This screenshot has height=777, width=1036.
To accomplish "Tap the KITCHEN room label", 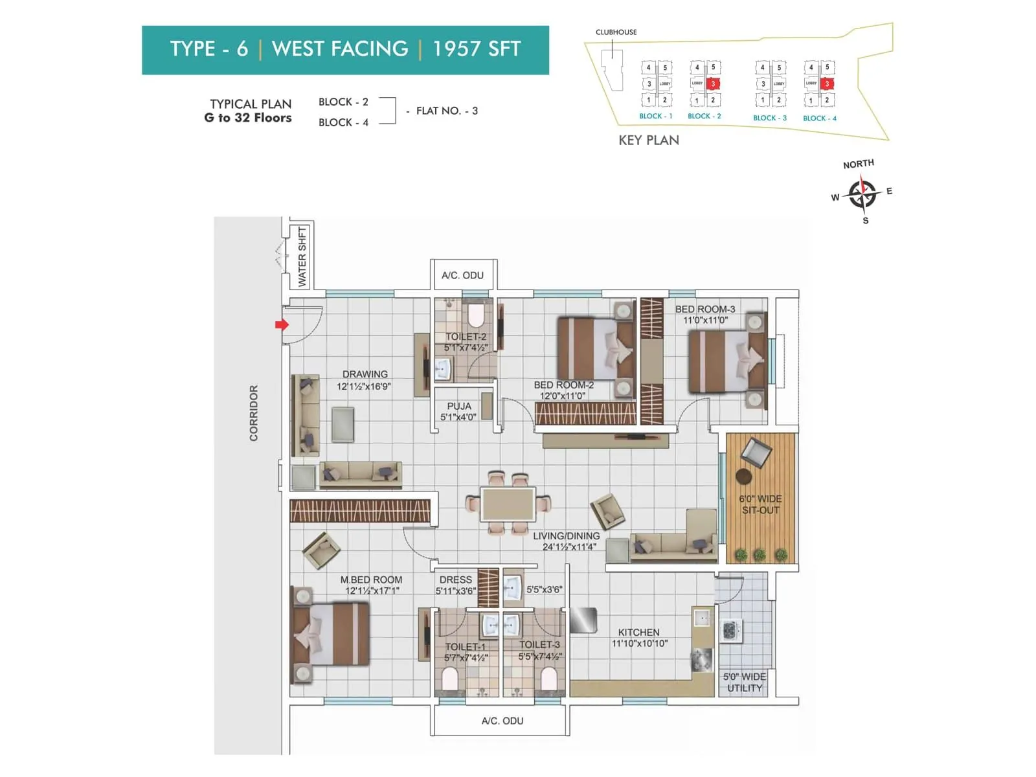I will [x=638, y=633].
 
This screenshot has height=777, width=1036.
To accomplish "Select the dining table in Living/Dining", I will [x=508, y=504].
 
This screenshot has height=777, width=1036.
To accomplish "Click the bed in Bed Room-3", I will [x=726, y=361].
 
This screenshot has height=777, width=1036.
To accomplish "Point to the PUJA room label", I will [x=458, y=407].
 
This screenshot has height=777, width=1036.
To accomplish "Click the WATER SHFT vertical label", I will [x=302, y=256].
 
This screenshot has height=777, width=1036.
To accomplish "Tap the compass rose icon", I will [x=862, y=194].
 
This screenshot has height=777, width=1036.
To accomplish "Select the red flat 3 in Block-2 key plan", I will [x=713, y=84].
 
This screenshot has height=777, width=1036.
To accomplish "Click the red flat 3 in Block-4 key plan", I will [x=827, y=84].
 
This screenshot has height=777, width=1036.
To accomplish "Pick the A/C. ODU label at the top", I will [x=462, y=275].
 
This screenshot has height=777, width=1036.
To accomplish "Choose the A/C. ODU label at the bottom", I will [x=502, y=721].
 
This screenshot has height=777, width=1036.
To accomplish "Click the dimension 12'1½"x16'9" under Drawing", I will [x=363, y=387].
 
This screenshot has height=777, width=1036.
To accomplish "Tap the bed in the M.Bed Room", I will [x=331, y=635].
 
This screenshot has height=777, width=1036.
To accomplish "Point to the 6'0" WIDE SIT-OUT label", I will [x=760, y=504].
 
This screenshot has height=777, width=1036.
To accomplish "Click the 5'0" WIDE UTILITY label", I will [x=744, y=682].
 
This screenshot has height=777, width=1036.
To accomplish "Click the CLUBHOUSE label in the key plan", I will [x=616, y=32].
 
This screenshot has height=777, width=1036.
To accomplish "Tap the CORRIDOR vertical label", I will [x=254, y=413].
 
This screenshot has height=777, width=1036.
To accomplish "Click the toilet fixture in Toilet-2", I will [x=476, y=315].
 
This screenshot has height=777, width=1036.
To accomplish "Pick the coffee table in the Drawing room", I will [x=343, y=424].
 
